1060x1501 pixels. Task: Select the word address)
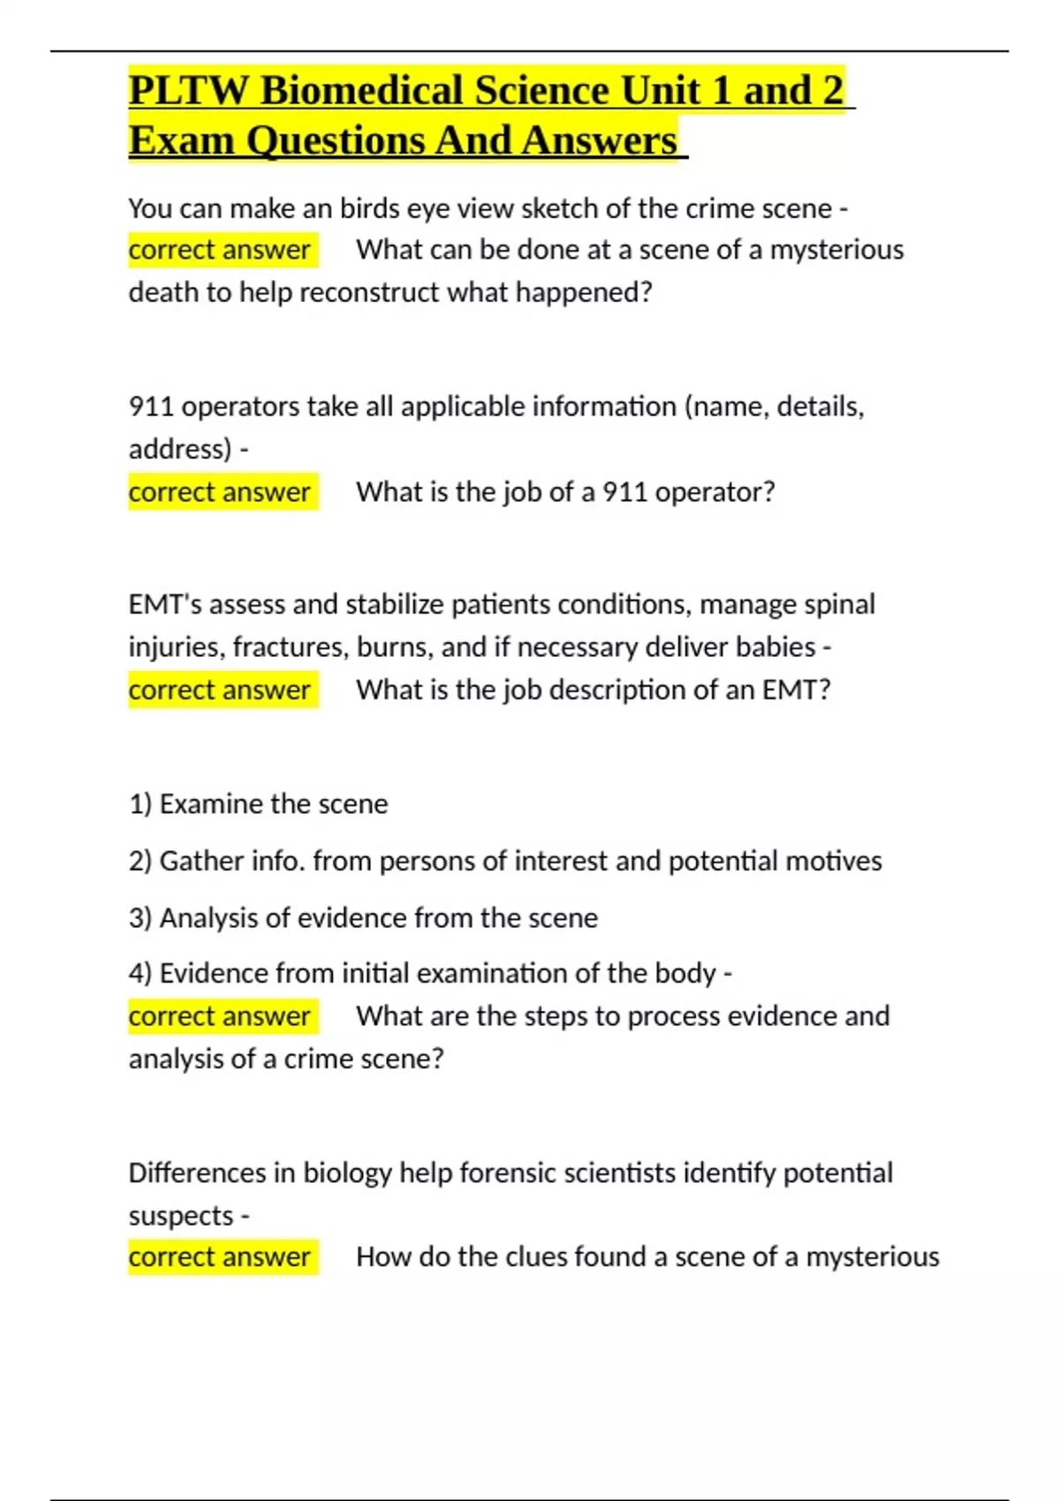pyautogui.click(x=180, y=449)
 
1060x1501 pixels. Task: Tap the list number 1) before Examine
pyautogui.click(x=140, y=804)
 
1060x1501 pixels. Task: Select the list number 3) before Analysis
pyautogui.click(x=140, y=918)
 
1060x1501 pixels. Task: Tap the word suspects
pyautogui.click(x=181, y=1216)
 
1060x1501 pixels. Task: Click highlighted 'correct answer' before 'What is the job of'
pyautogui.click(x=219, y=492)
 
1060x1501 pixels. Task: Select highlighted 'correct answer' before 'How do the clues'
pyautogui.click(x=219, y=1257)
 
